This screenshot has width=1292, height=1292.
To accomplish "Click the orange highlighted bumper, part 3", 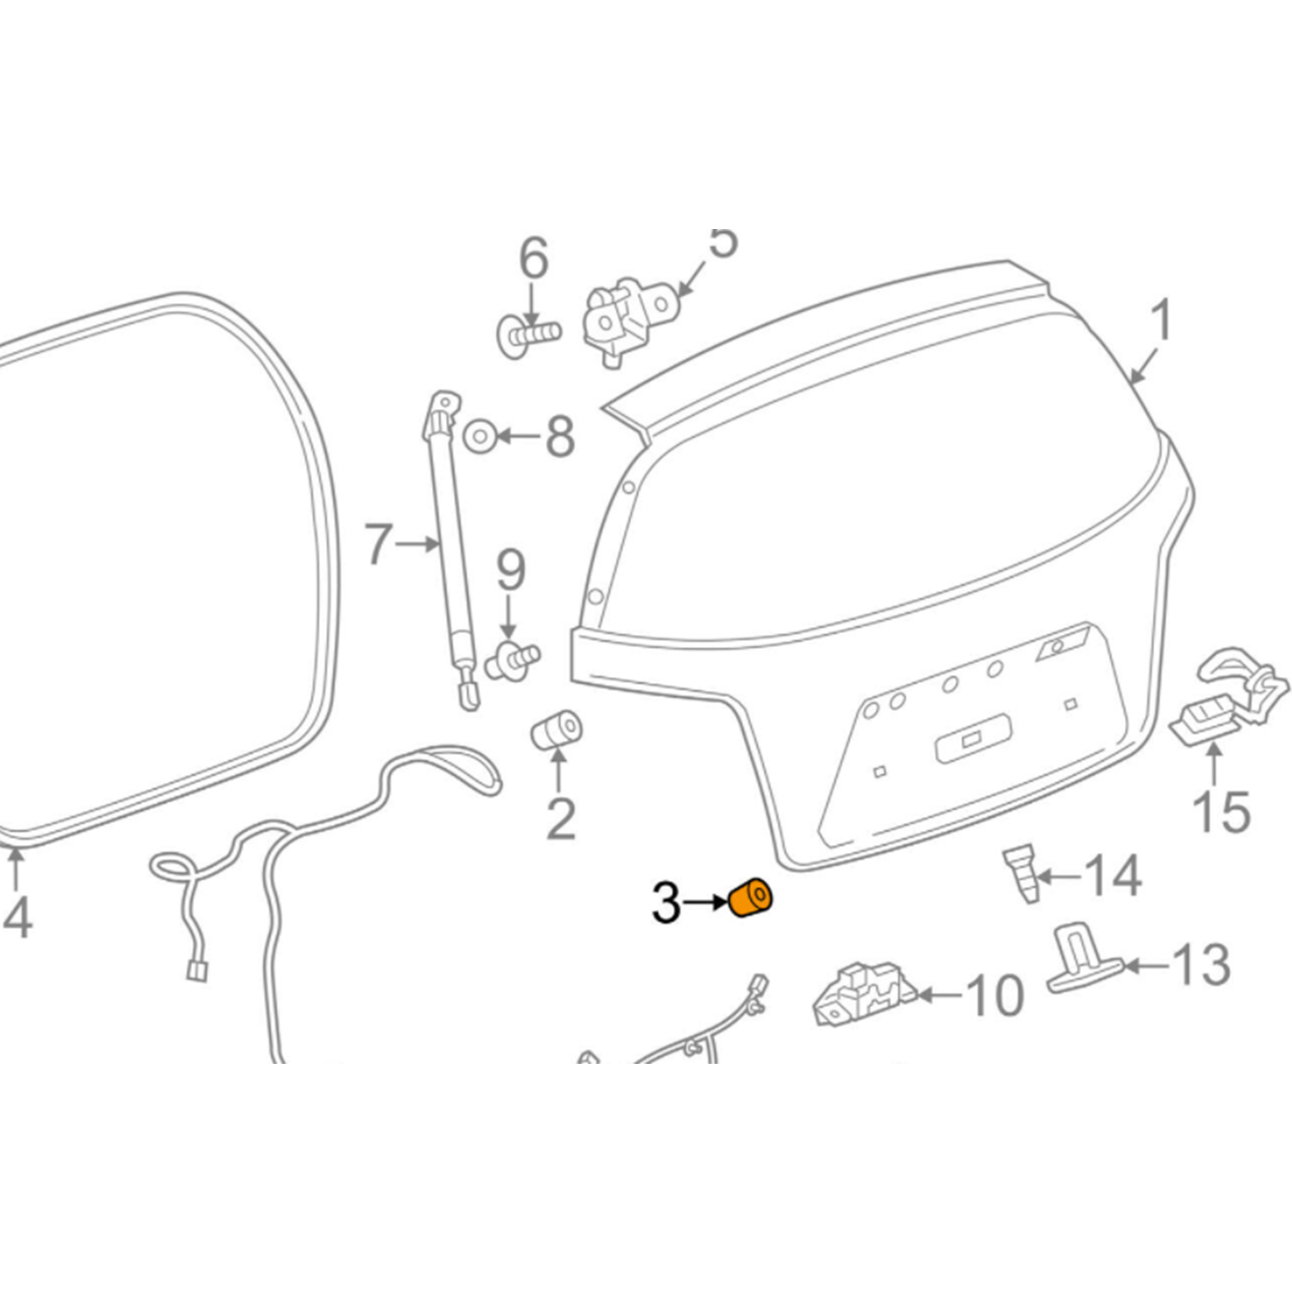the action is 750,898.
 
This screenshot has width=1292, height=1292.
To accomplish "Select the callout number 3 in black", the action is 667,903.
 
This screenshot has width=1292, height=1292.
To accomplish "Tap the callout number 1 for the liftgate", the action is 1161,320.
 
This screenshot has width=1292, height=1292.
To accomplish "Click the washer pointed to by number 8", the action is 479,437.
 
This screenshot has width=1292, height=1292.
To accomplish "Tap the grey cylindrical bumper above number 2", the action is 556,730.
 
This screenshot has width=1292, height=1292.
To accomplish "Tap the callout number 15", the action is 1221,811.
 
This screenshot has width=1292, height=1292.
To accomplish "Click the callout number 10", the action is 996,996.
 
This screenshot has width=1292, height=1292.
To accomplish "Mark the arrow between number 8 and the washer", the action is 518,437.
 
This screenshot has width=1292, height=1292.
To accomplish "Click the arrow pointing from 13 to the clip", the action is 1146,966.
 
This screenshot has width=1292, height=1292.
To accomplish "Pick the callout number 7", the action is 378,544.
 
